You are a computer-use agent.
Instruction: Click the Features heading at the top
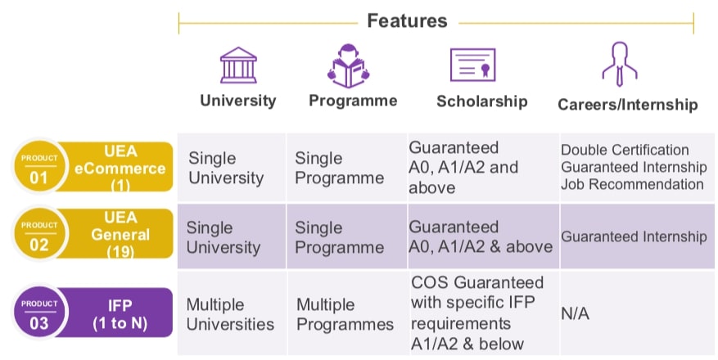pyautogui.click(x=407, y=20)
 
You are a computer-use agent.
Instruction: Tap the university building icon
pyautogui.click(x=238, y=65)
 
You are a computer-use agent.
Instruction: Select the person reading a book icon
pyautogui.click(x=349, y=65)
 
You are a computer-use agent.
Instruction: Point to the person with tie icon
pyautogui.click(x=619, y=64)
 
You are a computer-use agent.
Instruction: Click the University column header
pyautogui.click(x=238, y=101)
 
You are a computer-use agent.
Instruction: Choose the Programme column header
pyautogui.click(x=353, y=101)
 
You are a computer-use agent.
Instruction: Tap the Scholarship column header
pyautogui.click(x=481, y=101)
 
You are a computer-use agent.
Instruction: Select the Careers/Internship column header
pyautogui.click(x=627, y=105)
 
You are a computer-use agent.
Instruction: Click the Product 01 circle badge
pyautogui.click(x=38, y=168)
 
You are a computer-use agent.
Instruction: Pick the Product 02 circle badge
pyautogui.click(x=38, y=234)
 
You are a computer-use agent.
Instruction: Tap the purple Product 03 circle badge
pyautogui.click(x=38, y=313)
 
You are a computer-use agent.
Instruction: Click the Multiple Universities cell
pyautogui.click(x=230, y=314)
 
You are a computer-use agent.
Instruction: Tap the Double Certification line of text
pyautogui.click(x=625, y=150)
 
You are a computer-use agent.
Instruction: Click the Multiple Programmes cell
pyautogui.click(x=345, y=314)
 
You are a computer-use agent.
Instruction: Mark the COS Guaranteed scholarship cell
pyautogui.click(x=478, y=313)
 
